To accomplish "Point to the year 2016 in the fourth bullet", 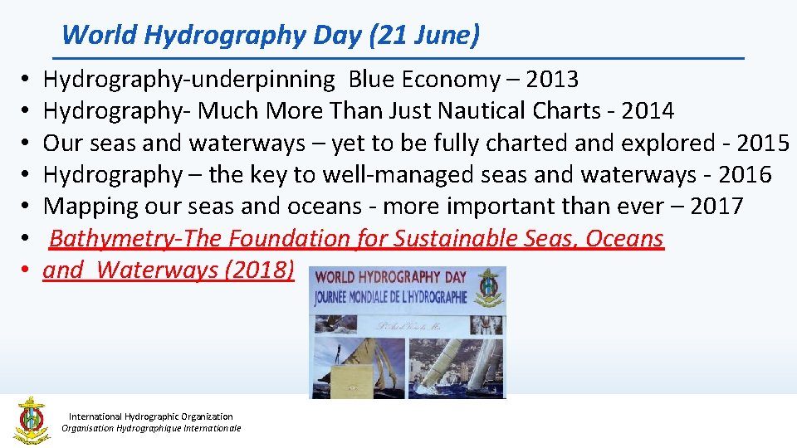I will click(745, 175).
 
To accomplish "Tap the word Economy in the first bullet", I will click(448, 80).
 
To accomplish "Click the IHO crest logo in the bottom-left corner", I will click(31, 419).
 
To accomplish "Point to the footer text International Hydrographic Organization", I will click(151, 416).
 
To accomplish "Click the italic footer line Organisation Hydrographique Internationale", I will click(151, 428).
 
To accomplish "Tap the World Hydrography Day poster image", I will click(407, 332).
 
